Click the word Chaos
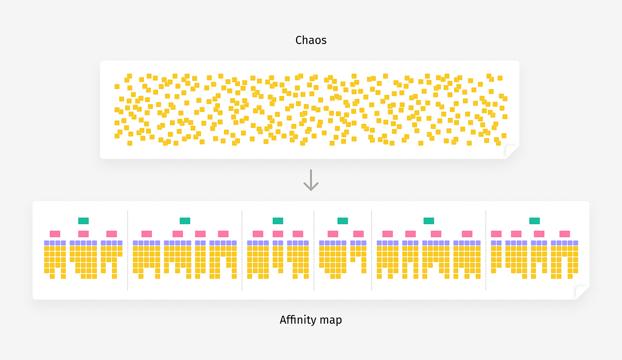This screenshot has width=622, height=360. (311, 40)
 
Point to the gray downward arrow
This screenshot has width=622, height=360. (311, 179)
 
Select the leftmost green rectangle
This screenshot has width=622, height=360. (83, 221)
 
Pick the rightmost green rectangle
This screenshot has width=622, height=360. (534, 221)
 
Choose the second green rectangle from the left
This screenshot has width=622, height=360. (185, 221)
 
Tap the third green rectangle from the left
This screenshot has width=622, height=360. (278, 221)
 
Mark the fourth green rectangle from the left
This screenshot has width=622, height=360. (343, 221)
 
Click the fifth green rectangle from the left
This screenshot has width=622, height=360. (429, 221)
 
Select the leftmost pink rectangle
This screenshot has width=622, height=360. (55, 234)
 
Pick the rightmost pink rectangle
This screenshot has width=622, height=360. (564, 234)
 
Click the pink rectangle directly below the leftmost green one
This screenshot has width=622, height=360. (83, 234)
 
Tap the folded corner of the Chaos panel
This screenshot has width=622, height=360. (512, 151)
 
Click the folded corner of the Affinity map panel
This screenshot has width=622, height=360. (582, 292)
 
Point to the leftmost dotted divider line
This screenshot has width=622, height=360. (128, 250)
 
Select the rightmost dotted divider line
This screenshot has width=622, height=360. (486, 250)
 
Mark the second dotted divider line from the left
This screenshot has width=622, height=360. (242, 250)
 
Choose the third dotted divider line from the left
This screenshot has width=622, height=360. (314, 250)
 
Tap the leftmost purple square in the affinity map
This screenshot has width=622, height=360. (47, 242)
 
